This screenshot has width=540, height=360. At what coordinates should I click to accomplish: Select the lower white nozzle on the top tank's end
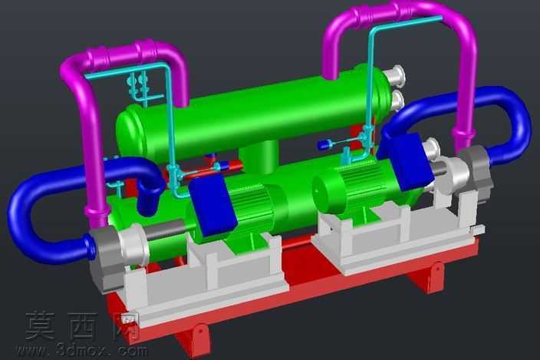[398, 100]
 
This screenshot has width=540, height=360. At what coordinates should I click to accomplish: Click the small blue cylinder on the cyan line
[324, 144]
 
